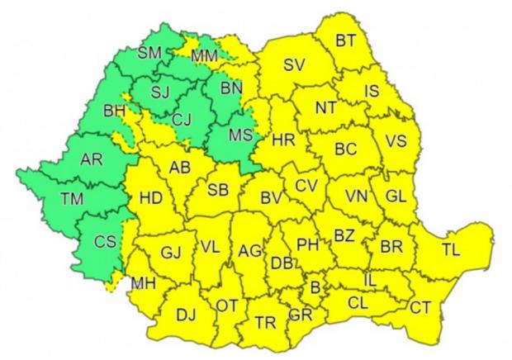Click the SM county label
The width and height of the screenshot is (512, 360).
(x=149, y=53)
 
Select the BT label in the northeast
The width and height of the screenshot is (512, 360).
(x=347, y=39)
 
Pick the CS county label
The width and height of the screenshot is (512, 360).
(x=105, y=242)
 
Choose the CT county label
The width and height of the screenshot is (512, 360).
(x=421, y=307)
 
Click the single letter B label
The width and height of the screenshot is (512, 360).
(x=315, y=287)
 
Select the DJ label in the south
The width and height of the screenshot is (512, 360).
(x=187, y=314)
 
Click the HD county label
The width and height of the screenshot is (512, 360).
(x=151, y=198)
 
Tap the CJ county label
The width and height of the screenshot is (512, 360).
(x=183, y=121)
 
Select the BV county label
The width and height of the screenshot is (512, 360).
(x=271, y=198)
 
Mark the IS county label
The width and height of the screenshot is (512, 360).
(x=372, y=91)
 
